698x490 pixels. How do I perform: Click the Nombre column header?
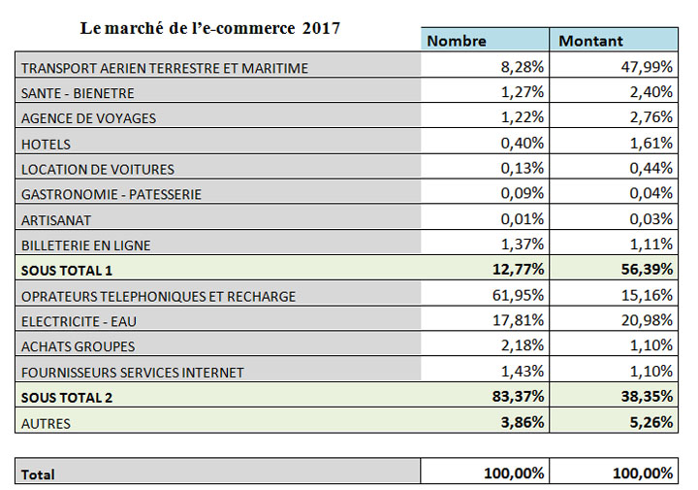[457, 41]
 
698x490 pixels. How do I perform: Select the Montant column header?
[591, 41]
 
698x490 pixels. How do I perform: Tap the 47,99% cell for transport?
[646, 67]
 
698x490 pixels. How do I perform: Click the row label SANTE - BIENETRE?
[78, 93]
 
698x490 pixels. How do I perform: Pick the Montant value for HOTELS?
[650, 144]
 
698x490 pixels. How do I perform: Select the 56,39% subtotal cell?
[645, 270]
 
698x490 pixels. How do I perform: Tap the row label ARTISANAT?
[55, 220]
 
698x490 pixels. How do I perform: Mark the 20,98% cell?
[646, 320]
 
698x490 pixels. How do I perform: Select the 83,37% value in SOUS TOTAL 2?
[516, 397]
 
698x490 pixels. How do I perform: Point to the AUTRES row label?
[46, 423]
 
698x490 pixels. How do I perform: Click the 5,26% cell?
[650, 422]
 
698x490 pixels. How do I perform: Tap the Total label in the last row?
[38, 474]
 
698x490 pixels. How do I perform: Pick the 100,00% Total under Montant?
[641, 474]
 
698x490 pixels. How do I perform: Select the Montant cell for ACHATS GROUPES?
[650, 345]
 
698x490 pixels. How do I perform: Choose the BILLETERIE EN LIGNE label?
[86, 245]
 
